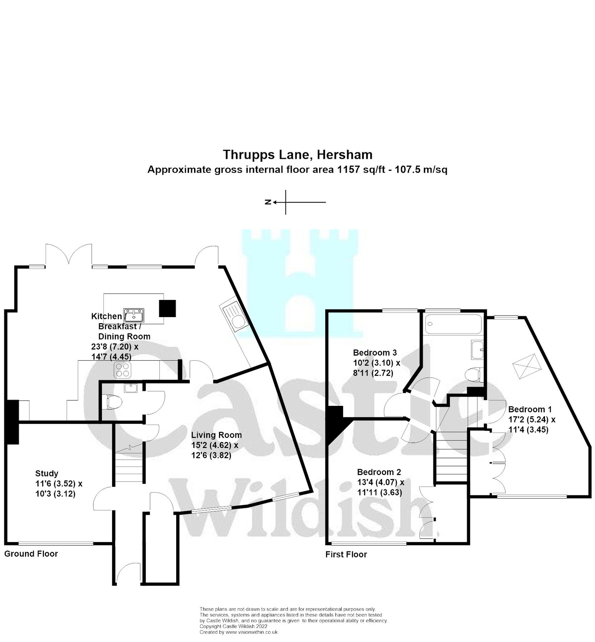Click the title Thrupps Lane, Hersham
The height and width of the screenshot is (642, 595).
point(297,155)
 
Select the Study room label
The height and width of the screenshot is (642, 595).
point(47,473)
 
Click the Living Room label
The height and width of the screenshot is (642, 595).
point(216,435)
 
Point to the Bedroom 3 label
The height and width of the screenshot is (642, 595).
point(375,352)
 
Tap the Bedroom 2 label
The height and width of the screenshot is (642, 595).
point(379,472)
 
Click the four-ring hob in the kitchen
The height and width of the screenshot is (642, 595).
point(122,370)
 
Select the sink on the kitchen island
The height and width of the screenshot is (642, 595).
point(134,315)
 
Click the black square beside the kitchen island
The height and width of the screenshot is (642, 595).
point(167,308)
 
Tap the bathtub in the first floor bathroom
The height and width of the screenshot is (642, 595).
point(453,324)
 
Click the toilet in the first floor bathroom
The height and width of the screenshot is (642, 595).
point(474,375)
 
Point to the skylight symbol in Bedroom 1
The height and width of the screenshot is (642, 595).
point(527,367)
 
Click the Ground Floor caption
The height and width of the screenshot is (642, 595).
point(31,554)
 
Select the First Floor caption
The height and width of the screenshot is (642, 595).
point(346,554)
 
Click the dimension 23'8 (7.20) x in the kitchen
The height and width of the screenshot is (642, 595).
point(115,346)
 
